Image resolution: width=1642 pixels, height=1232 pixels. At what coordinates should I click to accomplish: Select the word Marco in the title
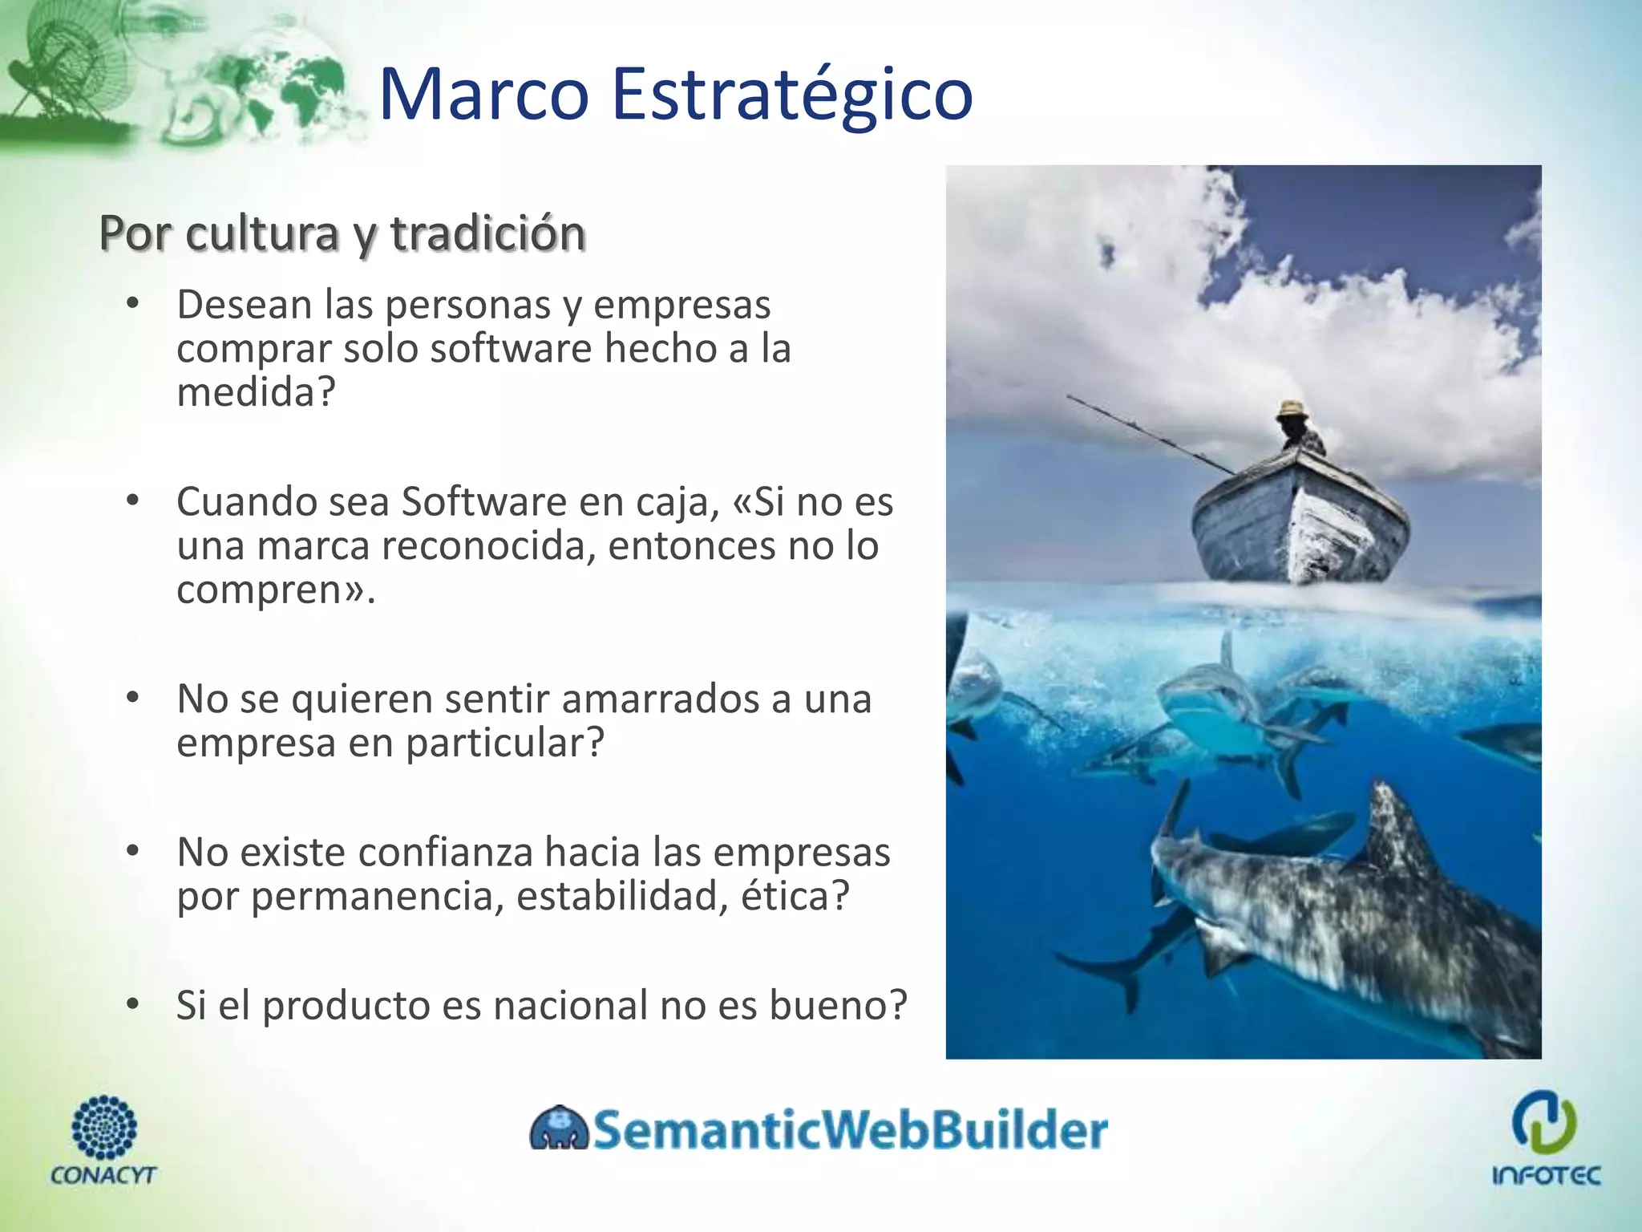pos(483,95)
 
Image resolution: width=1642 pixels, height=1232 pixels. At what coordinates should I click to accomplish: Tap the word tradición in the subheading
pos(487,233)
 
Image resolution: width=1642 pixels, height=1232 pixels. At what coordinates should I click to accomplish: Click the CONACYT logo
pos(103,1140)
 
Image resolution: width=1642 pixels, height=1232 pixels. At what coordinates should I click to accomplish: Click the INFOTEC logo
pos(1545,1136)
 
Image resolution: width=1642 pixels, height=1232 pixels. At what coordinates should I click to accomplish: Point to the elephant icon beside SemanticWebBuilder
pos(559,1129)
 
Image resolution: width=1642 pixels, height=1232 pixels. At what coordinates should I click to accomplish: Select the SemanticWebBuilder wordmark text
pos(850,1130)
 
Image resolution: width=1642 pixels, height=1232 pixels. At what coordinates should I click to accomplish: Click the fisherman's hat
pos(1292,409)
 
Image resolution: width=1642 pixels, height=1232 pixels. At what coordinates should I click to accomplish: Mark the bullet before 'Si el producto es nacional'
pos(133,1004)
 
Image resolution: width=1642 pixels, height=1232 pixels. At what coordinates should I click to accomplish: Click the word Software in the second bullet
pos(484,502)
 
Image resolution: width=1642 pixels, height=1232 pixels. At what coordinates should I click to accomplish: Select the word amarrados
pos(659,699)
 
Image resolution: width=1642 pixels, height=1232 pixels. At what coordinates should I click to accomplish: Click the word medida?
pos(255,392)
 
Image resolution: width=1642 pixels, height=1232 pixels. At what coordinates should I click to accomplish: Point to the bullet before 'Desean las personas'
pos(133,304)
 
